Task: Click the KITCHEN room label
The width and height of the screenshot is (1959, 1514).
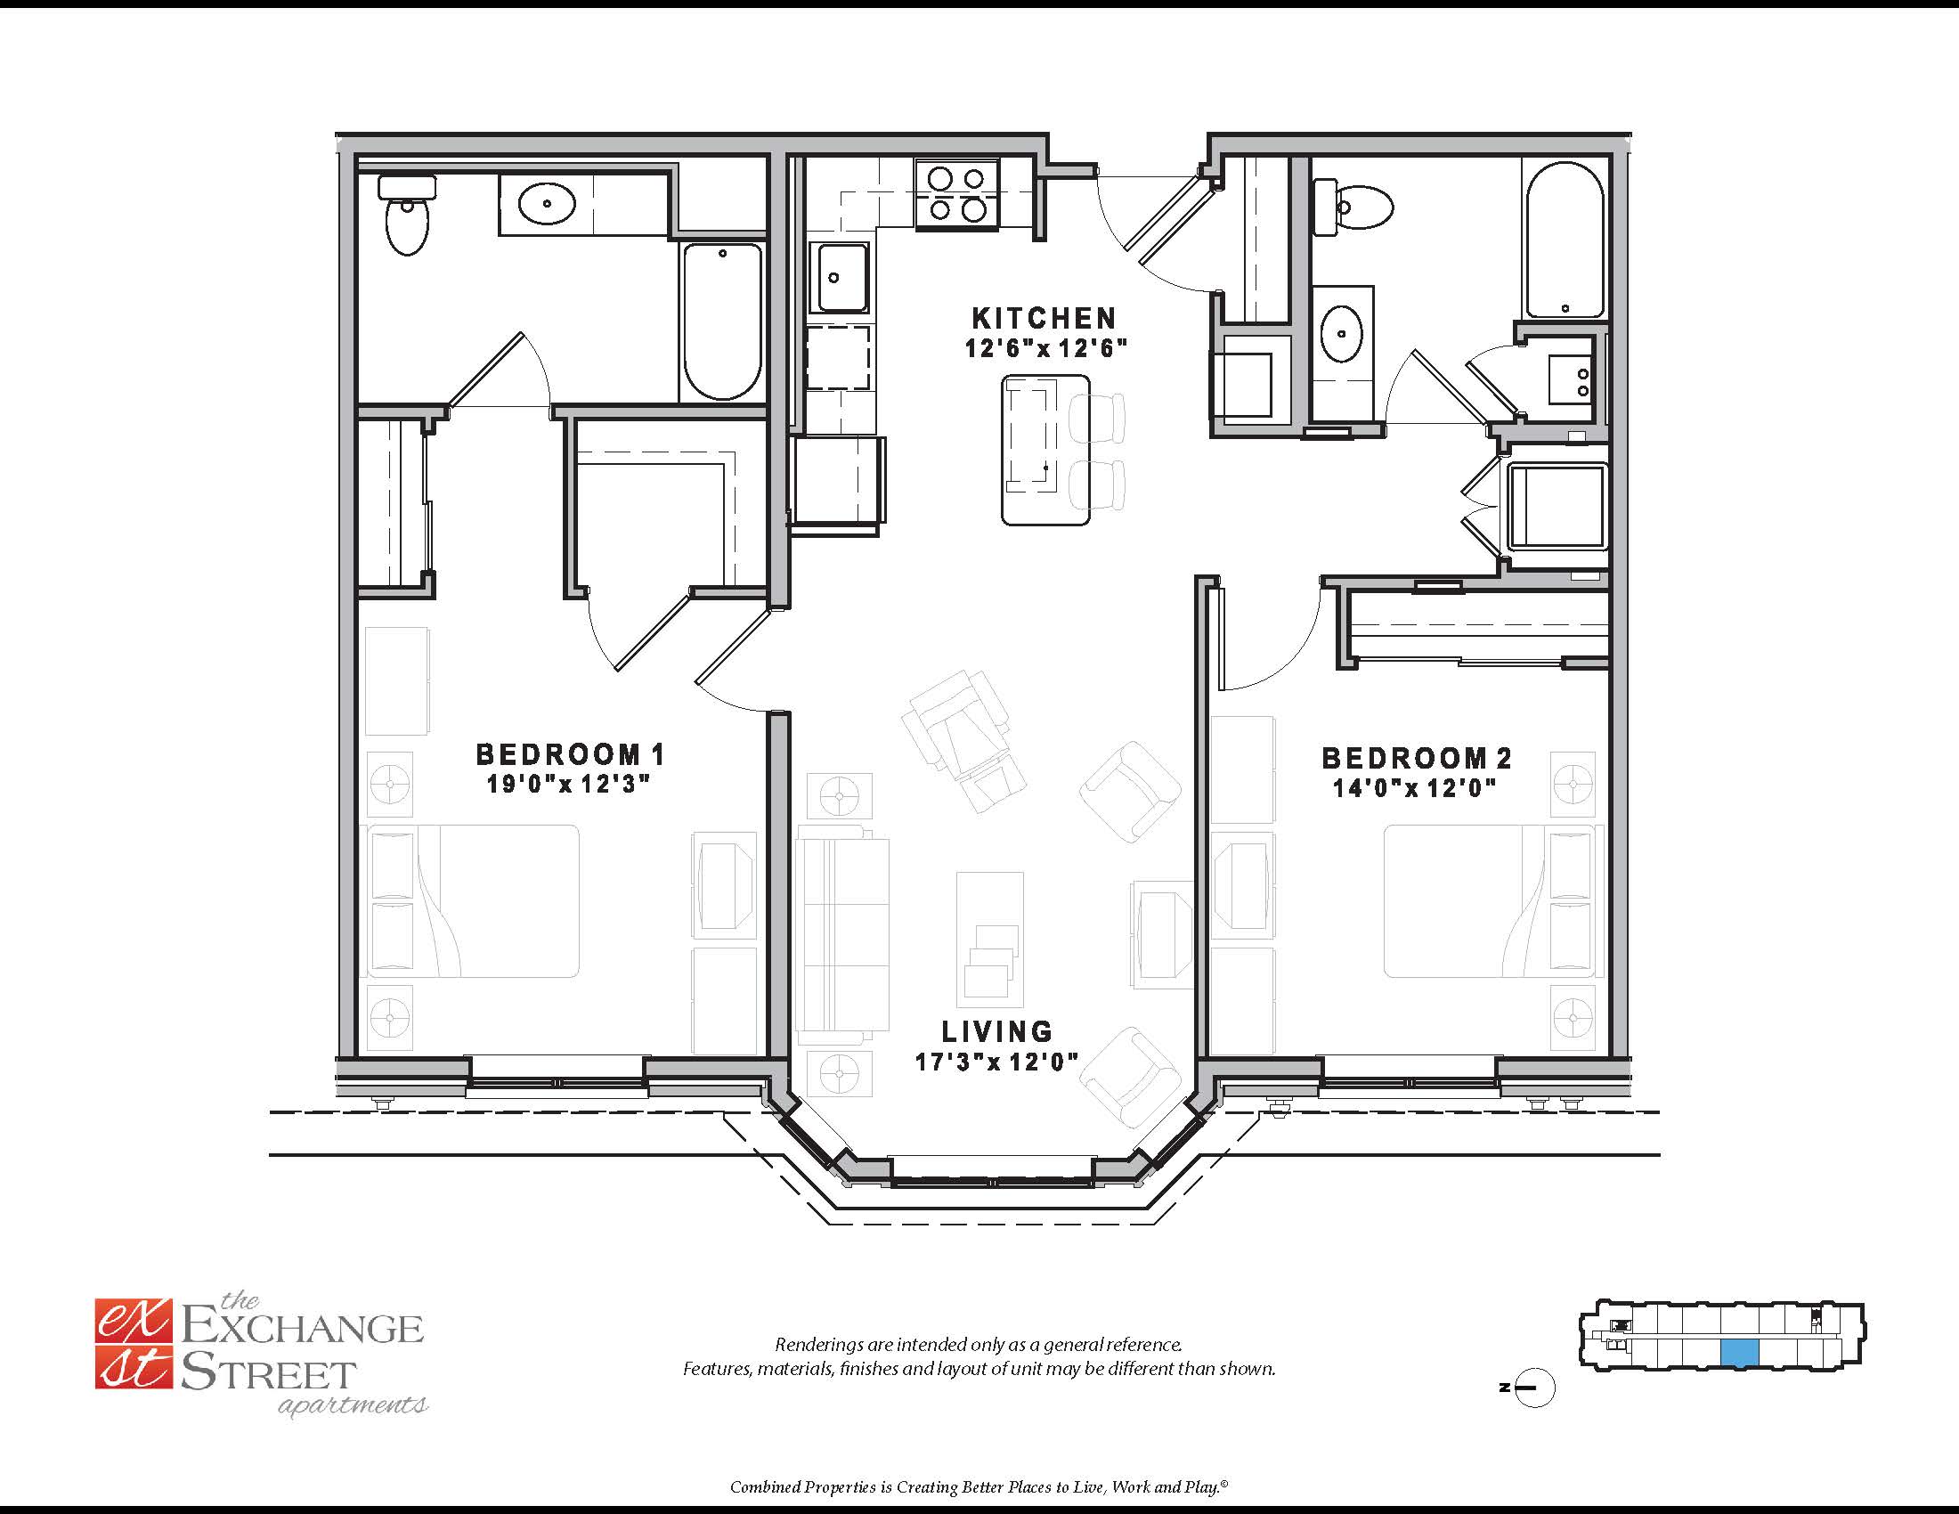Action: point(1045,319)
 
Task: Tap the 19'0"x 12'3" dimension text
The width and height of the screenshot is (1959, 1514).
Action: point(568,784)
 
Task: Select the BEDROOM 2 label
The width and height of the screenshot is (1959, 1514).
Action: point(1418,759)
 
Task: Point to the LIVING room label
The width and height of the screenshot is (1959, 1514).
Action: point(996,1031)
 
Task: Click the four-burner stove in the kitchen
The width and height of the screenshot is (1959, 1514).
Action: point(956,194)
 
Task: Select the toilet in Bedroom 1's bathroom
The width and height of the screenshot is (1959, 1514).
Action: point(407,215)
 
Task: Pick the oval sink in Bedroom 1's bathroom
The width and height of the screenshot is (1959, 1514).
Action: point(546,205)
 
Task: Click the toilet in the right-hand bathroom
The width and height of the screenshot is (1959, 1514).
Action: point(1353,208)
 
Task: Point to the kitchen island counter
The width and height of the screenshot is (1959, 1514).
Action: point(1045,451)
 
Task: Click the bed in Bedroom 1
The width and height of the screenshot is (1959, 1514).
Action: point(473,901)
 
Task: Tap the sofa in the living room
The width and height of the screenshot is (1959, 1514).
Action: point(842,934)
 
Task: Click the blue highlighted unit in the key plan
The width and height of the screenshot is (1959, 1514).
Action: point(1739,1353)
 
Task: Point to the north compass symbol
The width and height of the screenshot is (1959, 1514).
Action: point(1535,1388)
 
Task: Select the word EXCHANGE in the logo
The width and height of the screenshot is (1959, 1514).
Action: point(302,1329)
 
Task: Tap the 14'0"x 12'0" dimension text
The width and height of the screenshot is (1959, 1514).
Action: point(1415,788)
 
